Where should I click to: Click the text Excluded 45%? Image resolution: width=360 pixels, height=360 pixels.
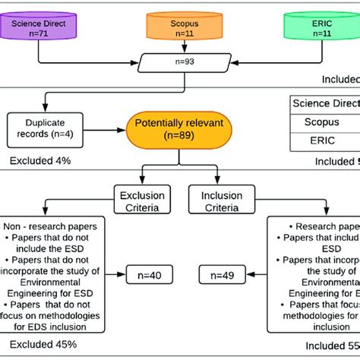tap(40, 345)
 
